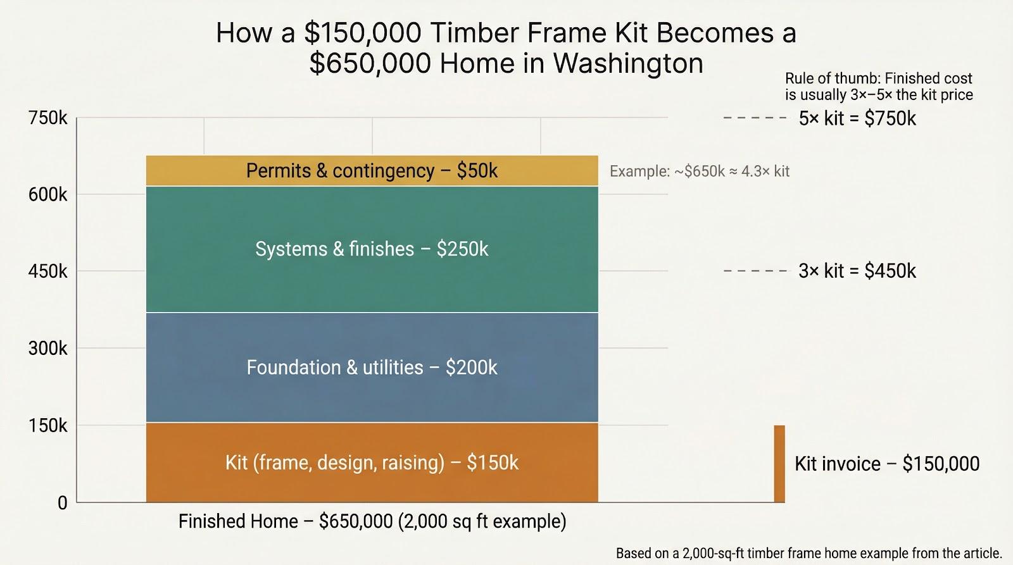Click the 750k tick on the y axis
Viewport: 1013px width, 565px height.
[x=47, y=118]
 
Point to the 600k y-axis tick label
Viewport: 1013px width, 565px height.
[x=47, y=195]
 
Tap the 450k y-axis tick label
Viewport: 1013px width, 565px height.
[x=47, y=271]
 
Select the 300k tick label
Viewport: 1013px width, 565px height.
[x=47, y=349]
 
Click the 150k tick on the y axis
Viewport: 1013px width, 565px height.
[x=47, y=426]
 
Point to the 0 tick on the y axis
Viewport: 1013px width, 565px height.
[x=62, y=503]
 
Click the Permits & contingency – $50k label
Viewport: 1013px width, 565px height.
[x=372, y=171]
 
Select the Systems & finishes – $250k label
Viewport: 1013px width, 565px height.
[x=372, y=249]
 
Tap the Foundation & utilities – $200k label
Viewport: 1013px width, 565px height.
[x=372, y=368]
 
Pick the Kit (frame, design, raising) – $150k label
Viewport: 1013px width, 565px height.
[x=372, y=463]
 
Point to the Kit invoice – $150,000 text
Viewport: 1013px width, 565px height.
[x=886, y=464]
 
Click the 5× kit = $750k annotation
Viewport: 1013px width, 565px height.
[x=857, y=118]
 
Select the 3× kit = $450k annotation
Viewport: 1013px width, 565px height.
[x=857, y=271]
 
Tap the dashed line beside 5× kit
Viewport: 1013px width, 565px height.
[x=755, y=118]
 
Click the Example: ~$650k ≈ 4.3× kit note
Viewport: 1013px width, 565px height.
[x=699, y=171]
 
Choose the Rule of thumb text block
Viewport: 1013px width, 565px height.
[x=878, y=87]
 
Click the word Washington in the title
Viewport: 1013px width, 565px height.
[x=628, y=63]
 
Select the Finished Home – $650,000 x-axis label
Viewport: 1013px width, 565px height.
[x=372, y=521]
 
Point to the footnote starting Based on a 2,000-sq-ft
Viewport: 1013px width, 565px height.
[x=809, y=553]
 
